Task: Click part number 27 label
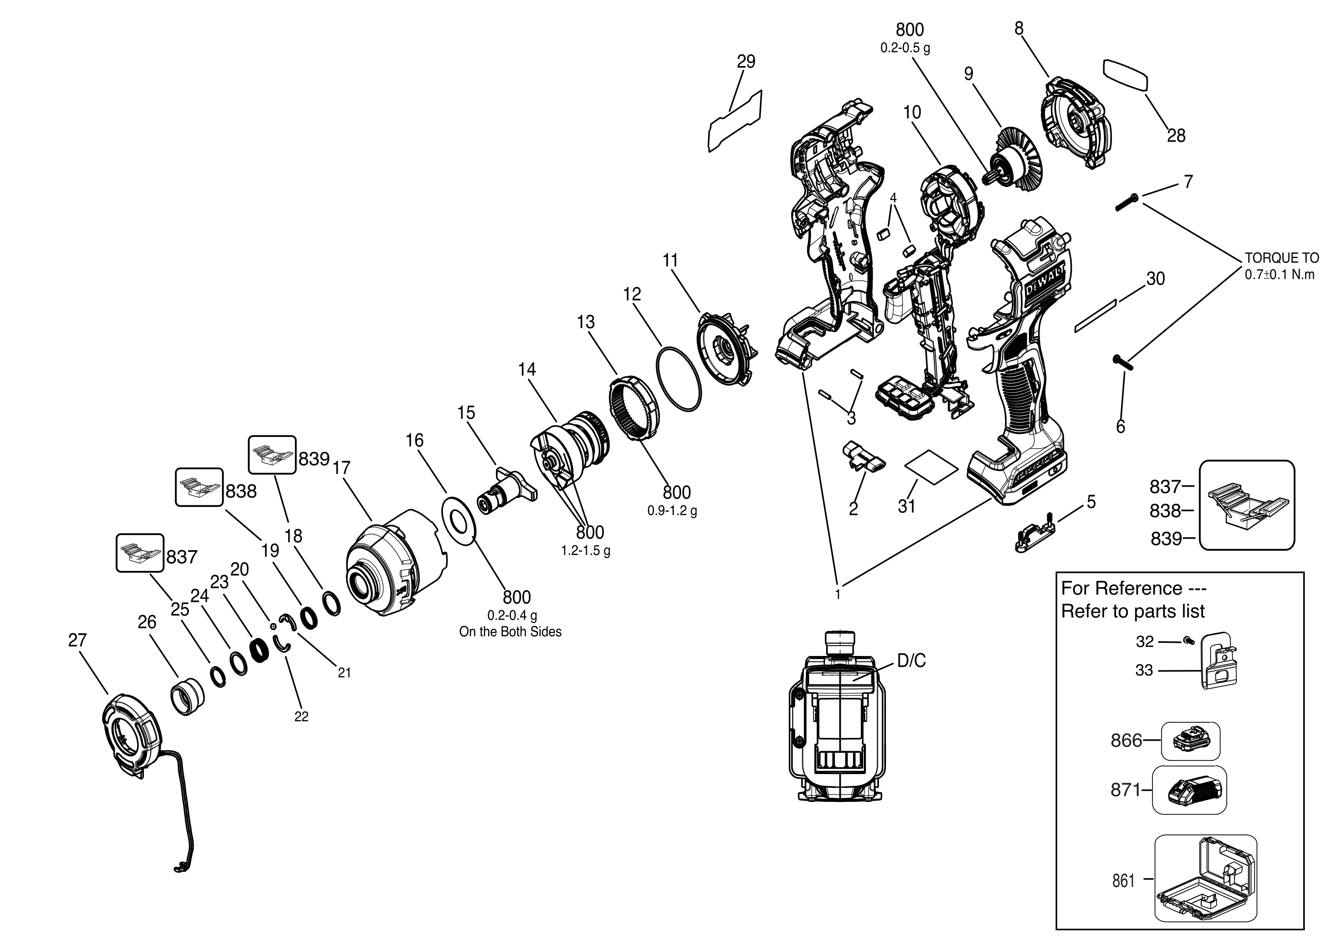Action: (77, 640)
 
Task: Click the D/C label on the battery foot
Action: (911, 661)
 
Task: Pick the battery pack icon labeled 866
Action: (1190, 741)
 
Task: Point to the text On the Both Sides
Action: (510, 632)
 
